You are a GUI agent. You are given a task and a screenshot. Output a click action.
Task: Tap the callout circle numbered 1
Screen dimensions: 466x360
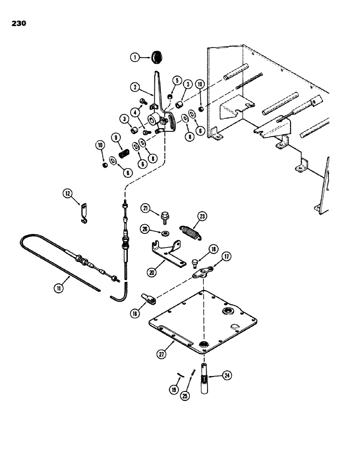tap(134, 58)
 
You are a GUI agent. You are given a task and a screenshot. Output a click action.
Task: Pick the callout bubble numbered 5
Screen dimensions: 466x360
tap(176, 80)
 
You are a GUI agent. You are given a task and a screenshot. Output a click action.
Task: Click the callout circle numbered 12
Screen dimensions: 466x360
tap(69, 193)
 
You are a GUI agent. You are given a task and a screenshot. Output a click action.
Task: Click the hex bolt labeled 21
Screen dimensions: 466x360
tap(165, 216)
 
